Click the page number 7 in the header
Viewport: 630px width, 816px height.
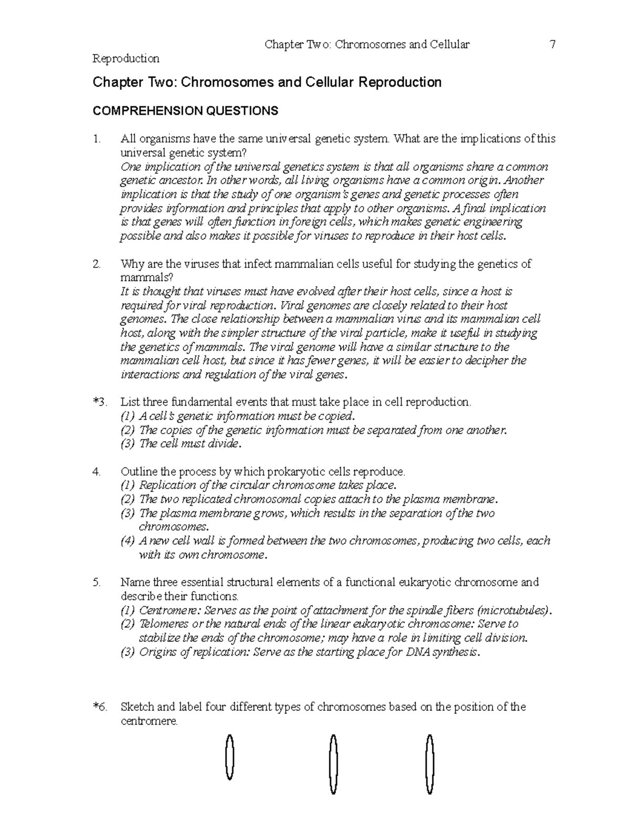coord(552,45)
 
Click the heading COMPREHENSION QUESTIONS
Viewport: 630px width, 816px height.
coord(185,111)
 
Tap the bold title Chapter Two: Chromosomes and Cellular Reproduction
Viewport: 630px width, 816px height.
coord(267,82)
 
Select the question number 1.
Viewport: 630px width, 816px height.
coord(96,139)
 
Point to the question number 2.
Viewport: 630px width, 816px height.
coord(96,264)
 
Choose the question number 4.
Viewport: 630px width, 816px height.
coord(96,472)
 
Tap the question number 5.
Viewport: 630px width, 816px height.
coord(96,582)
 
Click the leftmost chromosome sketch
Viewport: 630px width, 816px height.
coord(229,757)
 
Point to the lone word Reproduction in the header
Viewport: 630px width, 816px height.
coord(126,58)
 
